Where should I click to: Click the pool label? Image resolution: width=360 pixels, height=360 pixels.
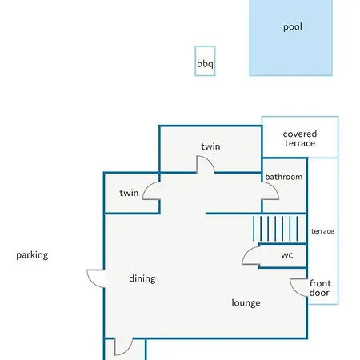pos(293,27)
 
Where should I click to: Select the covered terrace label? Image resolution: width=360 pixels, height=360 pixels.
pos(300,138)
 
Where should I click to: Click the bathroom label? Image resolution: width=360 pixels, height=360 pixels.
pos(284,177)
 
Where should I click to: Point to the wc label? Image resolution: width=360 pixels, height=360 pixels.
pos(287,255)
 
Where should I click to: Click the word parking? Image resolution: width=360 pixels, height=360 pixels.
pos(32,255)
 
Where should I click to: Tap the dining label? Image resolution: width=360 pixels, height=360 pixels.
pos(142,278)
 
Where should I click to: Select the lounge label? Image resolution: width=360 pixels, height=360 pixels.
pos(246,303)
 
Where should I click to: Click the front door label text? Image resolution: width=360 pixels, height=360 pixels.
pos(320,288)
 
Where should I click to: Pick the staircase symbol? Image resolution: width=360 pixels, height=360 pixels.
pos(275,229)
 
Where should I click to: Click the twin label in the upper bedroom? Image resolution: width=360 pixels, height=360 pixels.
pos(210,146)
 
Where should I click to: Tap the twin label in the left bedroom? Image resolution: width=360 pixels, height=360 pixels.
pos(129,193)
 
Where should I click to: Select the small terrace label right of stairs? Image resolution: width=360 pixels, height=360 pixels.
pos(322,231)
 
